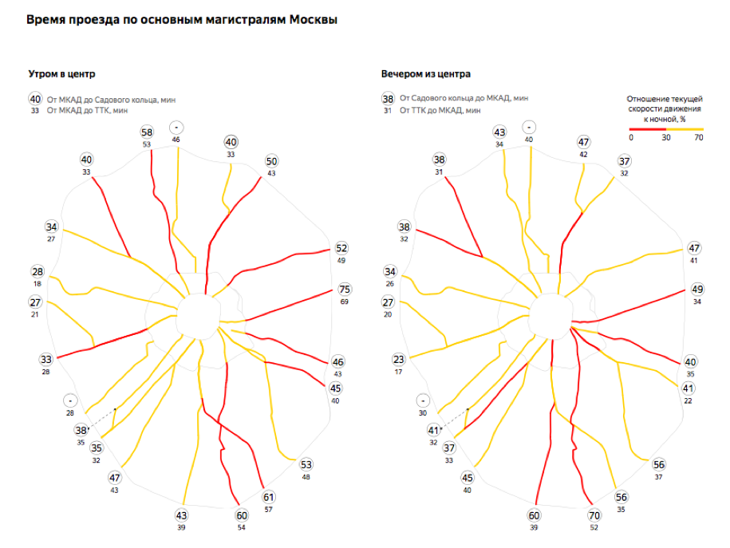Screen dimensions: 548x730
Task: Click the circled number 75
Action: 345,290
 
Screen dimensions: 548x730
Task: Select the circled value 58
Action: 147,132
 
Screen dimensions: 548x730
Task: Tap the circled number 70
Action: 594,515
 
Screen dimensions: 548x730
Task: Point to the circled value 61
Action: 269,497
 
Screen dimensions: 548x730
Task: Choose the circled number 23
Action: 399,360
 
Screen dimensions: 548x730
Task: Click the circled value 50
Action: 271,161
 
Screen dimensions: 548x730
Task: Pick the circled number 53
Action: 307,465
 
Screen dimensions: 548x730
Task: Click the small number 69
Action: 345,302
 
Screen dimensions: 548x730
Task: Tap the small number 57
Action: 269,509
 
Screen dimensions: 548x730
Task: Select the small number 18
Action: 37,284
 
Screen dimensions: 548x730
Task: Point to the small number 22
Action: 689,400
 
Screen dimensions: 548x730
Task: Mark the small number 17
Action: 399,372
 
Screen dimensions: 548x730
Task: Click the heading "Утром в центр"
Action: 61,74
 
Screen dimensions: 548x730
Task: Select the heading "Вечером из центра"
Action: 426,74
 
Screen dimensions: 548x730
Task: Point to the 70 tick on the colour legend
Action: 698,137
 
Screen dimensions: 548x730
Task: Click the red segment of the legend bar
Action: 647,128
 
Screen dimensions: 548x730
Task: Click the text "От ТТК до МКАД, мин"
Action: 440,111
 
